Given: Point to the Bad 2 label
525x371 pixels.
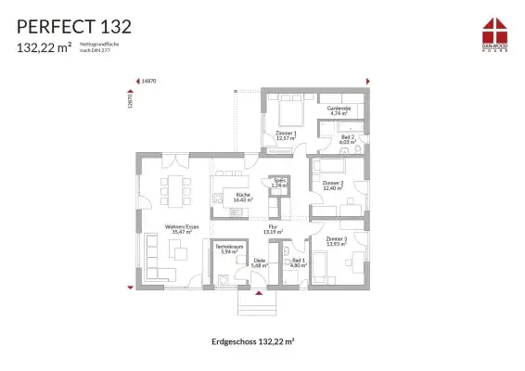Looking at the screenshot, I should [x=348, y=139].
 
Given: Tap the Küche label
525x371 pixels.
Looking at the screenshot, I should [x=243, y=197].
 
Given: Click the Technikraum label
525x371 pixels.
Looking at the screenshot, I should [x=227, y=249].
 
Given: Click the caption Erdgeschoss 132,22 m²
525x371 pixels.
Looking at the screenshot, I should [x=253, y=341].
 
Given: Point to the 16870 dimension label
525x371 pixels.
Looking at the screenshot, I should [x=147, y=82].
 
